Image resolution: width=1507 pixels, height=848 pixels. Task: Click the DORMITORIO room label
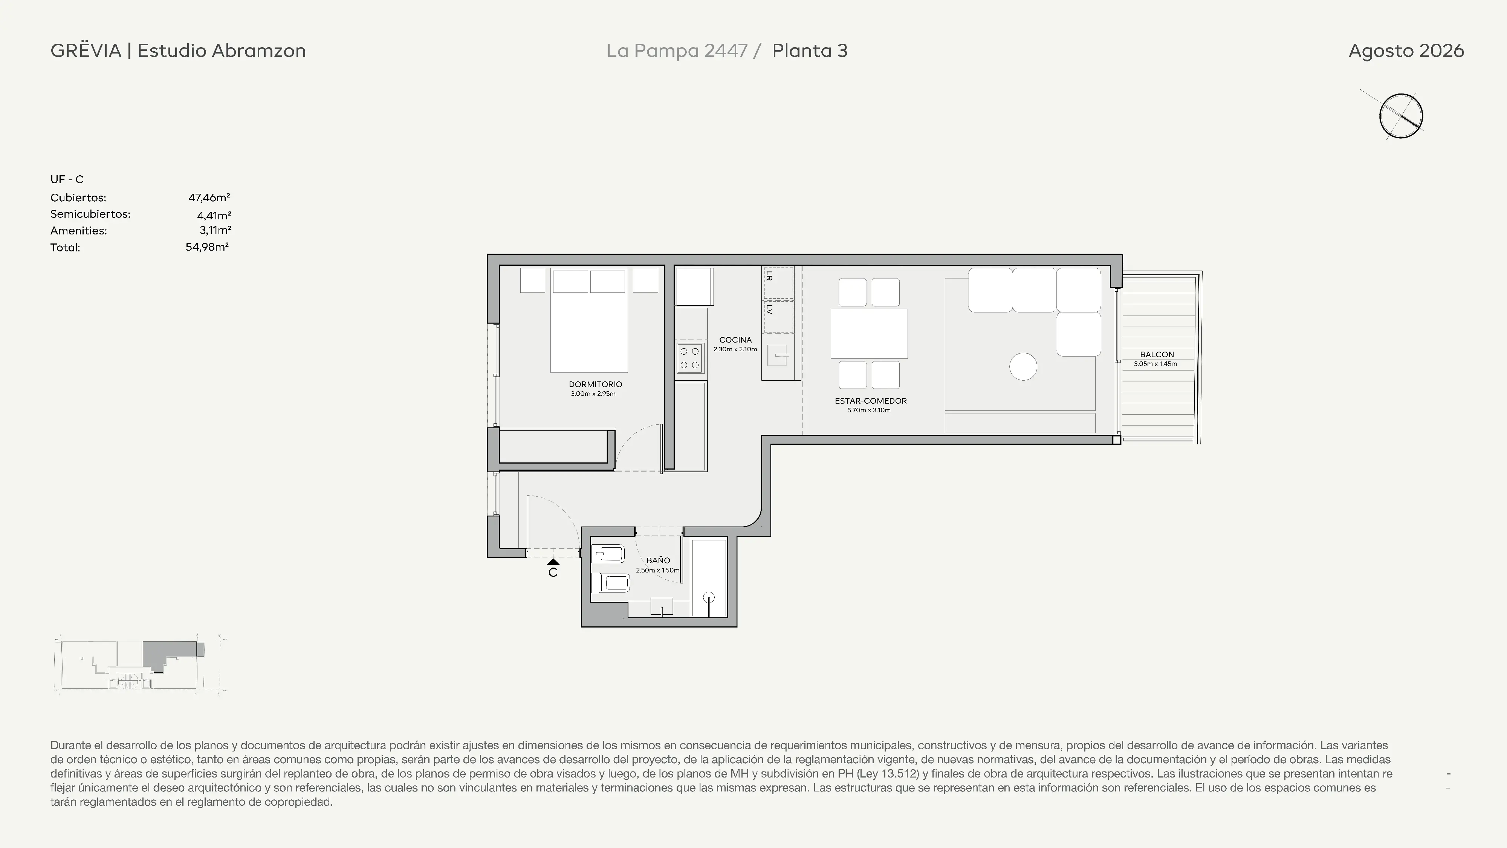click(x=595, y=384)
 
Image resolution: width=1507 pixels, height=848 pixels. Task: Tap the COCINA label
click(x=735, y=340)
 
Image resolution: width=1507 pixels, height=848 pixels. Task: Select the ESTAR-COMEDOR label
click(x=871, y=401)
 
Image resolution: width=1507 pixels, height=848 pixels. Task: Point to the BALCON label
click(x=1157, y=355)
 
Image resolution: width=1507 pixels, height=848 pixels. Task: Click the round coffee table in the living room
click(x=1023, y=367)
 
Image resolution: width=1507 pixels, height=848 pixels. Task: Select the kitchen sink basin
click(x=778, y=355)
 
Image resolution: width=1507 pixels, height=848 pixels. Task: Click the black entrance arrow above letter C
click(x=553, y=562)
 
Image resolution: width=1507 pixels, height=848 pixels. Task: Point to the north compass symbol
click(x=1401, y=116)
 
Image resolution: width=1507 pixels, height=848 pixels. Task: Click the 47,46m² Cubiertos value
click(x=209, y=198)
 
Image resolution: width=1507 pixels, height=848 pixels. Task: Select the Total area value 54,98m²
click(x=207, y=247)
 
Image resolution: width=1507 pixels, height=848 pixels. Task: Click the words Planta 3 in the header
click(x=810, y=51)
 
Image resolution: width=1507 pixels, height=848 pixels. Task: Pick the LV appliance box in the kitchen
click(x=778, y=317)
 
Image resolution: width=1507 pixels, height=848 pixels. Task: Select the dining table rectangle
click(x=869, y=334)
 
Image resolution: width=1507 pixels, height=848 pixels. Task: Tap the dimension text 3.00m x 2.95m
click(x=593, y=394)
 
